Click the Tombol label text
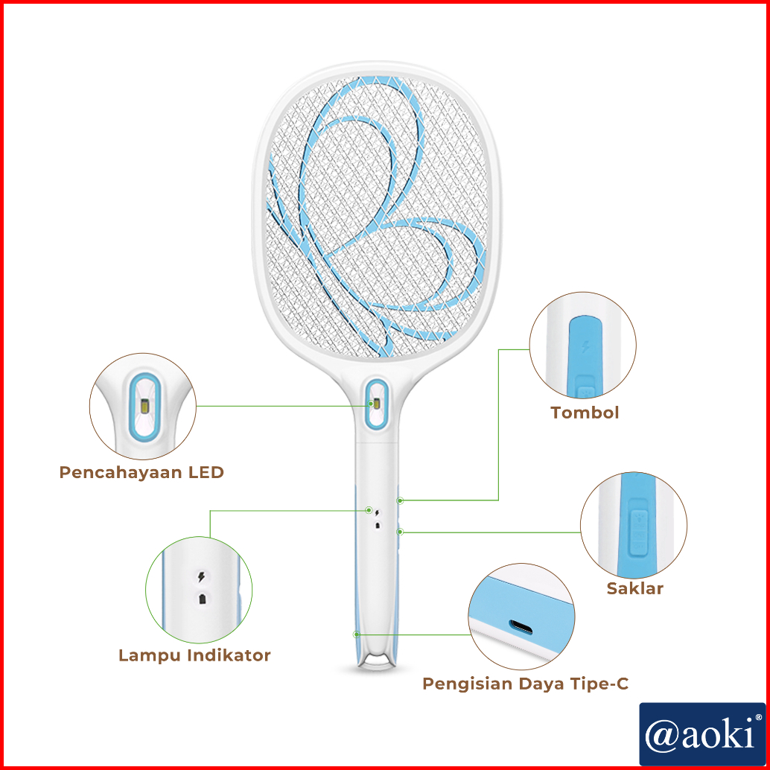pos(585,413)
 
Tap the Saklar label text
pos(634,588)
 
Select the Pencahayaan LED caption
pos(141,472)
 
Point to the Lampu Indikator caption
pos(194,655)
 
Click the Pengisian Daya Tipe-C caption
pos(526,684)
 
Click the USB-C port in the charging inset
pos(522,626)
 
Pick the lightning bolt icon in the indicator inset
pos(200,577)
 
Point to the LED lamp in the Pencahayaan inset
pos(143,407)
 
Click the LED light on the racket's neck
pos(377,404)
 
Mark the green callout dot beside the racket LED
pos(370,404)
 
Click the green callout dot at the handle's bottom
pos(357,634)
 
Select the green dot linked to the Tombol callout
pos(400,500)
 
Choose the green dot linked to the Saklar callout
pos(400,532)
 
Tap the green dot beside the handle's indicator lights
pos(369,510)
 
